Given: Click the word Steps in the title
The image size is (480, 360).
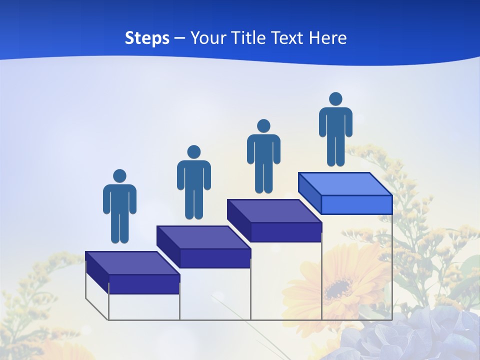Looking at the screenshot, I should pyautogui.click(x=147, y=38).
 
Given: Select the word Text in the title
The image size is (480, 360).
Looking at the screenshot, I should pyautogui.click(x=288, y=38).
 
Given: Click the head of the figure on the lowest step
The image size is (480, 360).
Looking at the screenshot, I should pyautogui.click(x=119, y=176).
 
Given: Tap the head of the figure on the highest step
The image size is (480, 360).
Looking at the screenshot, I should pyautogui.click(x=335, y=99).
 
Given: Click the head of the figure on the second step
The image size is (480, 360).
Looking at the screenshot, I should pyautogui.click(x=193, y=152).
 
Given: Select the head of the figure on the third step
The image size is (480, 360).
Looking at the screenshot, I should pyautogui.click(x=263, y=126).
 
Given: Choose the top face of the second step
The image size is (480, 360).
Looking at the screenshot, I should pyautogui.click(x=203, y=237).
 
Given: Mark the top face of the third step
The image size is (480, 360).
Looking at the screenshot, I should pyautogui.click(x=274, y=211).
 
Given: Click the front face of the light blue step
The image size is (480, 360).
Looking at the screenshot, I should pyautogui.click(x=356, y=204).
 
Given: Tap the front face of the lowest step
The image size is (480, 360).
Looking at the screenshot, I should pyautogui.click(x=144, y=284).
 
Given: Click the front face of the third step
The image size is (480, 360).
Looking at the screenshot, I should pyautogui.click(x=286, y=232).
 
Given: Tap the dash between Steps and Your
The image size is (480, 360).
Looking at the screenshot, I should pyautogui.click(x=180, y=38).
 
